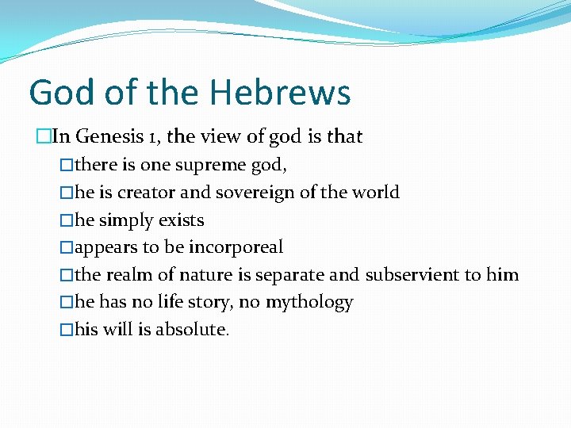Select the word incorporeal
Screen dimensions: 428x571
coord(236,247)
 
